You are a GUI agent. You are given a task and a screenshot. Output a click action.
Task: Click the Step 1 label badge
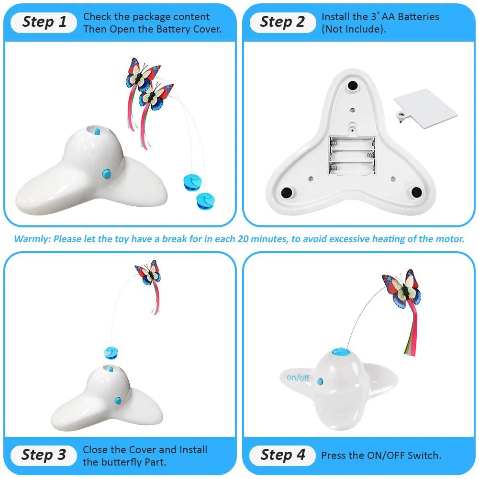(44, 22)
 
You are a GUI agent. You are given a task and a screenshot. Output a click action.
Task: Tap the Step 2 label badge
(283, 22)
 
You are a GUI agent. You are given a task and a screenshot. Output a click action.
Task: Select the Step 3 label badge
(44, 455)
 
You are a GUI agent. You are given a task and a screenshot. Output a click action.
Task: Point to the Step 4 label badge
(283, 455)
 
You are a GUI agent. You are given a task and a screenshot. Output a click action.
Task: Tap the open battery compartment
(352, 156)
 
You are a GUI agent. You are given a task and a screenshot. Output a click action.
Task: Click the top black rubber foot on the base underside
(353, 86)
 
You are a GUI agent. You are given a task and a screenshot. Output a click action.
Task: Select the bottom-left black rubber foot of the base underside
(286, 192)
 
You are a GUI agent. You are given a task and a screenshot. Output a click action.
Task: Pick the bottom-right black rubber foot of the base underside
(417, 192)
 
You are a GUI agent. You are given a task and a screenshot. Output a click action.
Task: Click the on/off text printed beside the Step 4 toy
(298, 378)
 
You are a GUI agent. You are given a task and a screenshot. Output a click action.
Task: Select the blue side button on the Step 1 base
(106, 174)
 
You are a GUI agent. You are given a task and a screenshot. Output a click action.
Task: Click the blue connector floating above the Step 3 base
(111, 353)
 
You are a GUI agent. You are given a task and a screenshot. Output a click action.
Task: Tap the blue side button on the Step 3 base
(118, 401)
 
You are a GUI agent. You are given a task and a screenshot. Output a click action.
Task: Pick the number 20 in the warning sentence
(244, 239)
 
